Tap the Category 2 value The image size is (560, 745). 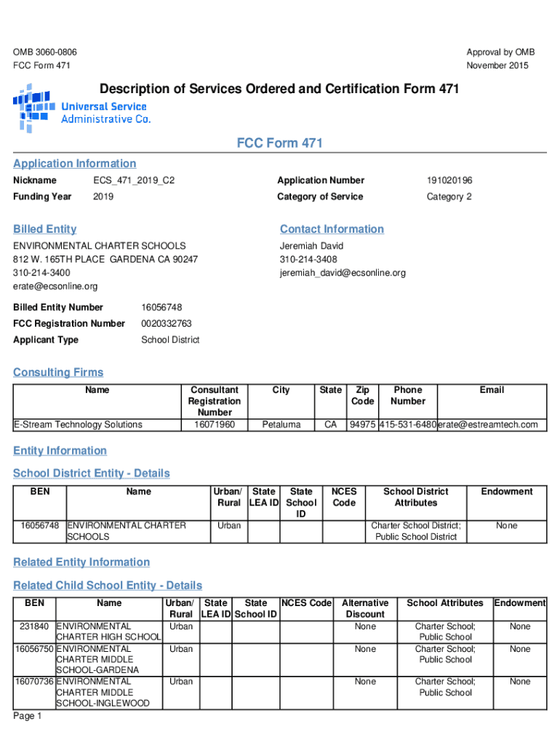449,197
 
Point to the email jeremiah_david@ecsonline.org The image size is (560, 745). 343,273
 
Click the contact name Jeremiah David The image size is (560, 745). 311,247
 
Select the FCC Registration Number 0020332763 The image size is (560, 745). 167,323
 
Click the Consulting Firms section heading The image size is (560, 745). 58,372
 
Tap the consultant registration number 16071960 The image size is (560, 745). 214,425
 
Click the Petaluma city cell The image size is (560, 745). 281,425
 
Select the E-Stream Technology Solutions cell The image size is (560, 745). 79,425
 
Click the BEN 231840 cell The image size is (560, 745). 34,626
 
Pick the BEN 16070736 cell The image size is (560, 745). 34,682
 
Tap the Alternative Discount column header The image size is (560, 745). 365,608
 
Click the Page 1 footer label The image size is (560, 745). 28,717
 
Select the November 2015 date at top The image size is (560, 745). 497,65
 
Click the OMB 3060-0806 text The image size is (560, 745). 45,52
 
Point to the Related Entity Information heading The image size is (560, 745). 81,562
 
